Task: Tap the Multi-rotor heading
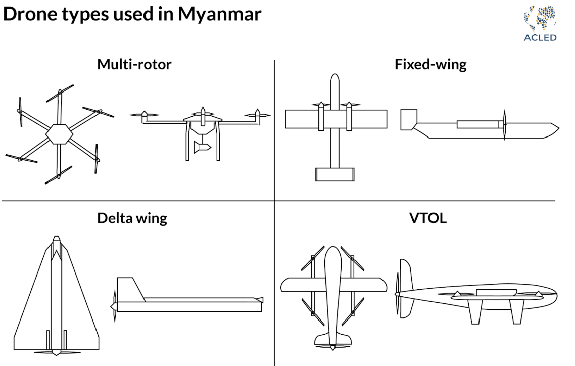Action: tap(134, 65)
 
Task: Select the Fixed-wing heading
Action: tap(430, 65)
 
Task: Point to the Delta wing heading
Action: tap(132, 218)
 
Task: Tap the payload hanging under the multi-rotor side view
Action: tap(201, 147)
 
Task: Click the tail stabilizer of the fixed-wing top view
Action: tap(333, 174)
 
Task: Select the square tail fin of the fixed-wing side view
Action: tap(408, 119)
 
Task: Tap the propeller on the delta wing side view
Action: tap(114, 306)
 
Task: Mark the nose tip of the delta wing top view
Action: tap(56, 238)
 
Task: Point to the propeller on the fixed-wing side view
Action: tap(504, 124)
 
